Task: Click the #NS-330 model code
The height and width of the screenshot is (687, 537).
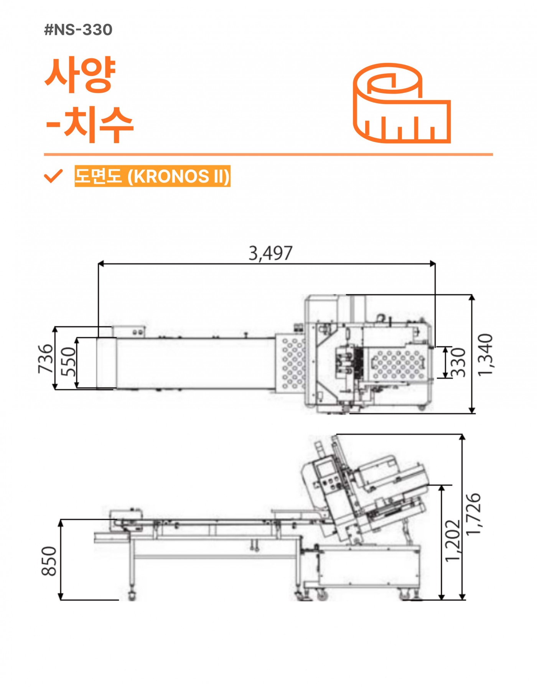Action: tap(78, 30)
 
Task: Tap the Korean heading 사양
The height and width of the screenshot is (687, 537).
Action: tap(80, 75)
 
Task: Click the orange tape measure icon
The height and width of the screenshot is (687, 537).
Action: tap(402, 103)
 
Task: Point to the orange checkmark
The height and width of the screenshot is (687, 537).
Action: tap(53, 176)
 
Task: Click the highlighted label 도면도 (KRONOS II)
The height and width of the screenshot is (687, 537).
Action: tap(152, 176)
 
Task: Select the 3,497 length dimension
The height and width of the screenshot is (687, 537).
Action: tap(270, 253)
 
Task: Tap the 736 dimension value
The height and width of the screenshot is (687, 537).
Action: tap(46, 359)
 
